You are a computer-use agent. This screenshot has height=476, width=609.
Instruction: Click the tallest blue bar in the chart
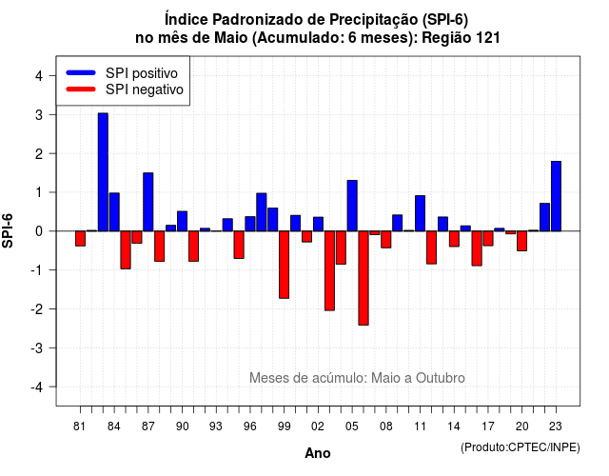pyautogui.click(x=103, y=172)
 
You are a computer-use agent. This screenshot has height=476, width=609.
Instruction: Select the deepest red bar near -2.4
pyautogui.click(x=363, y=278)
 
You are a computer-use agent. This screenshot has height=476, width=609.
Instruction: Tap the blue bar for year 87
pyautogui.click(x=148, y=202)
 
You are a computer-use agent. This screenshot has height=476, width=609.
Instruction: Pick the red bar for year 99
pyautogui.click(x=284, y=265)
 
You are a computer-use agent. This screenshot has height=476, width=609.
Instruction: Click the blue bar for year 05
pyautogui.click(x=352, y=206)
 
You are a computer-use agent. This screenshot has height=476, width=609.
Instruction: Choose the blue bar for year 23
pyautogui.click(x=556, y=196)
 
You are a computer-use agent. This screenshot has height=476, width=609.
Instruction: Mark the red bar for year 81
pyautogui.click(x=80, y=239)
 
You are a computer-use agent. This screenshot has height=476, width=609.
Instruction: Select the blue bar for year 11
pyautogui.click(x=420, y=213)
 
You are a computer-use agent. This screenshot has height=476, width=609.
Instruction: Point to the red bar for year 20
pyautogui.click(x=522, y=241)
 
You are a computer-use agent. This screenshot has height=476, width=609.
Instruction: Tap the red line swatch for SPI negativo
pyautogui.click(x=81, y=89)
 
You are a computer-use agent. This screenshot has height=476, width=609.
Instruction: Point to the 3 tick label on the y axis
pyautogui.click(x=38, y=115)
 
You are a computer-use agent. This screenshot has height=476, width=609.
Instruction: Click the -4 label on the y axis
pyautogui.click(x=37, y=387)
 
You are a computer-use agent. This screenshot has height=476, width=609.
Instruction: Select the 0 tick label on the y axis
pyautogui.click(x=38, y=231)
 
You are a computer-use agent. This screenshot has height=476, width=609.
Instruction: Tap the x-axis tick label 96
pyautogui.click(x=250, y=426)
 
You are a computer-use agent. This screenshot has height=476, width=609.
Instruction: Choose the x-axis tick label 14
pyautogui.click(x=454, y=426)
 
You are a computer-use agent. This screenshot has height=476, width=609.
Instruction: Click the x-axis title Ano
pyautogui.click(x=318, y=453)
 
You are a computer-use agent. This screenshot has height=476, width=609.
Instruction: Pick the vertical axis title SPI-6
pyautogui.click(x=8, y=230)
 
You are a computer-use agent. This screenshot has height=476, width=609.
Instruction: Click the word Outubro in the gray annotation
pyautogui.click(x=441, y=378)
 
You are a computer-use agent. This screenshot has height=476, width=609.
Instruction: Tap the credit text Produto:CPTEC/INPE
pyautogui.click(x=521, y=447)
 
